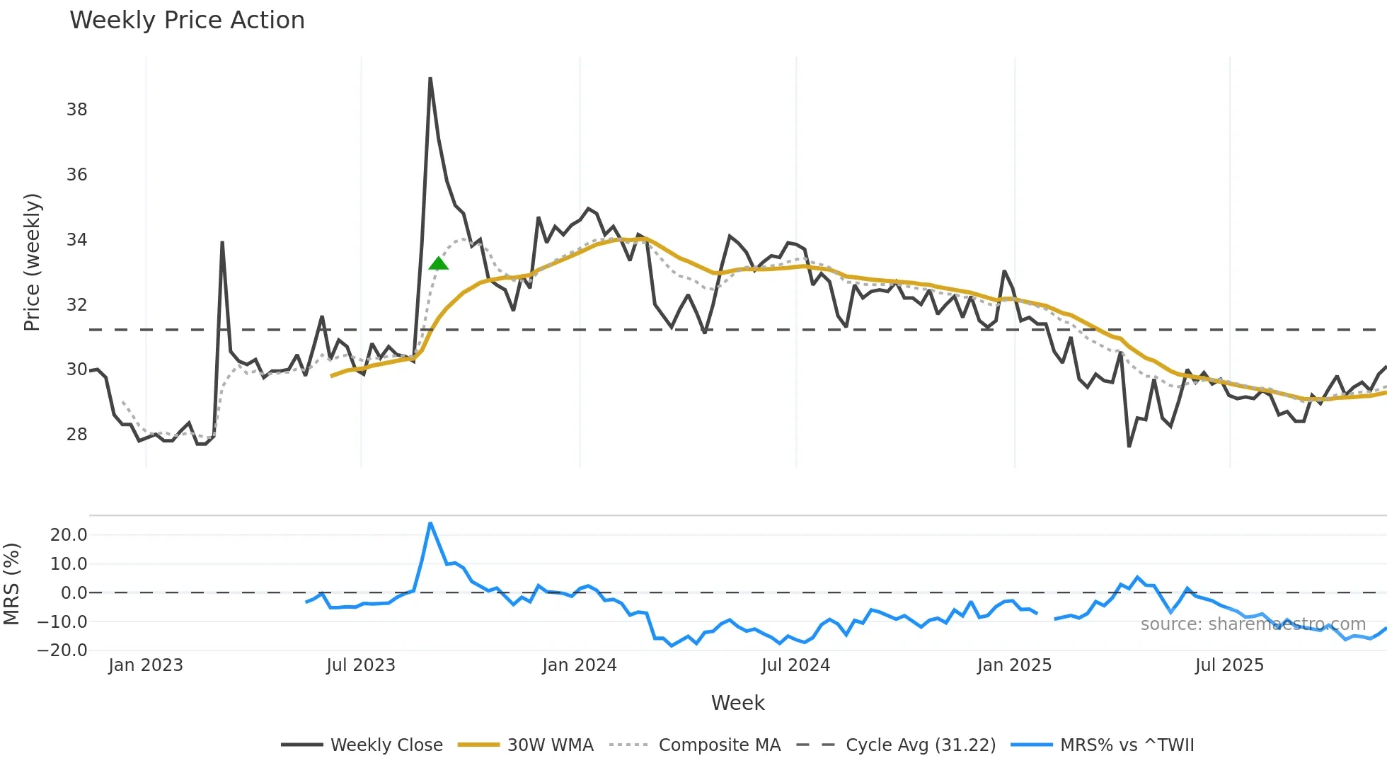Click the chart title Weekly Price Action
pos(187,21)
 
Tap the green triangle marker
pos(438,264)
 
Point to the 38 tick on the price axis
pos(77,110)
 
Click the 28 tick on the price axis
pos(77,435)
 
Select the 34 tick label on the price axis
pos(77,240)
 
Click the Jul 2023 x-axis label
pos(360,665)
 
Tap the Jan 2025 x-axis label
pos(1014,665)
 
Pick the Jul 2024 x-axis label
pos(795,665)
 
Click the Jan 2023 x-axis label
pos(146,665)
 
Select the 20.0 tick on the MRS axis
pos(69,535)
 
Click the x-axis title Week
pos(737,703)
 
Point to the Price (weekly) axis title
pos(33,262)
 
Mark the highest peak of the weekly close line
pos(430,79)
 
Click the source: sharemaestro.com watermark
pos(1253,624)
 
